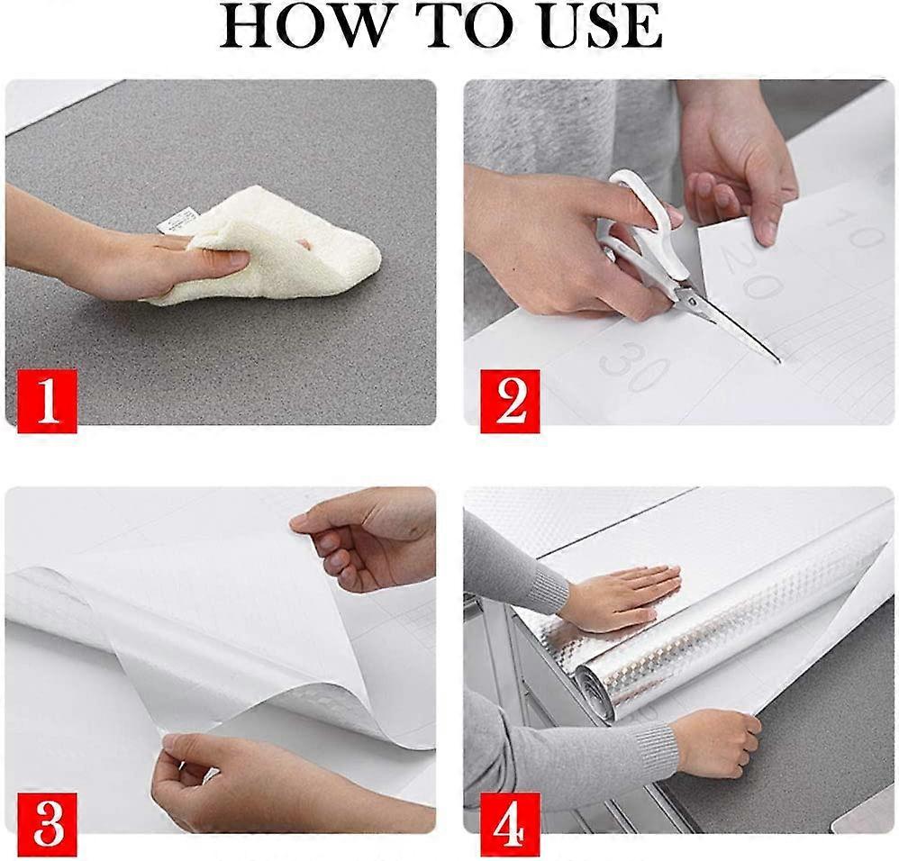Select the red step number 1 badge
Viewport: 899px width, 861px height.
pyautogui.click(x=47, y=401)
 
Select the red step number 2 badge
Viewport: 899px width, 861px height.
pyautogui.click(x=510, y=401)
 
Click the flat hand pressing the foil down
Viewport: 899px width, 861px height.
pyautogui.click(x=616, y=596)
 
